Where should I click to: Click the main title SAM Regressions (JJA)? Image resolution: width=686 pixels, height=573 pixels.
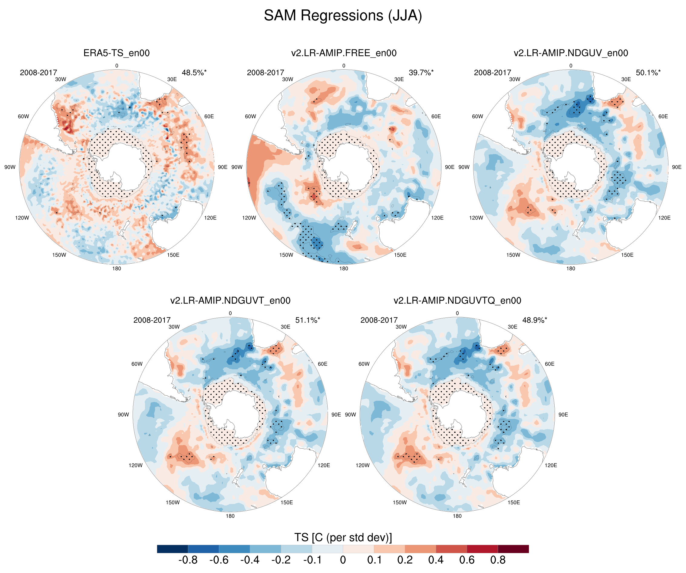point(343,15)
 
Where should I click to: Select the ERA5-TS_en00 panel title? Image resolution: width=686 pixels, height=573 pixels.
point(117,53)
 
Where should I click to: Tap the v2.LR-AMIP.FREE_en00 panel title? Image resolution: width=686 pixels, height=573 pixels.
point(344,53)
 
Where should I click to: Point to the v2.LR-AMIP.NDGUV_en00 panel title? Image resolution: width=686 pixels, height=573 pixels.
point(571,53)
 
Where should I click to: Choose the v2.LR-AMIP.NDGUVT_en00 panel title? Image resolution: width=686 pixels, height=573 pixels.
point(230,301)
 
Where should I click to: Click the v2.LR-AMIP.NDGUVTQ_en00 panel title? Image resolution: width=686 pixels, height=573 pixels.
point(457,301)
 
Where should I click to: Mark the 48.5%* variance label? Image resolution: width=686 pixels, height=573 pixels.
point(194,73)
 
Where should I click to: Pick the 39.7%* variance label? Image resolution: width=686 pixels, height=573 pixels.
point(421,73)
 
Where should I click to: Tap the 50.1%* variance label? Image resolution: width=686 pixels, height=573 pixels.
point(648,73)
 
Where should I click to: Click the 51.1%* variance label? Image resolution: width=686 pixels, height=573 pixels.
point(307,320)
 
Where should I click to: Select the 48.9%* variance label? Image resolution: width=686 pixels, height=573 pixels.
point(534,320)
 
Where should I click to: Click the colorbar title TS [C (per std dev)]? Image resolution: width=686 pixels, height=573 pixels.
point(343,537)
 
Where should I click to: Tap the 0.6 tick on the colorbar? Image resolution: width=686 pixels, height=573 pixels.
point(467,560)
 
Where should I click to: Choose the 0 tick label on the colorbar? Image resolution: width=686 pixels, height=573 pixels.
point(343,560)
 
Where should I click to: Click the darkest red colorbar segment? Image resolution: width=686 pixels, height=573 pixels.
point(513,549)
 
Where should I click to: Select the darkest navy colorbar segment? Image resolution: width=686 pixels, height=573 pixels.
point(173,549)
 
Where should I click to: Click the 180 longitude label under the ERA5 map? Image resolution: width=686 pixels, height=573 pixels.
point(117,268)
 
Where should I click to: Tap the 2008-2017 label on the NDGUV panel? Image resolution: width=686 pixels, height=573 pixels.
point(492,73)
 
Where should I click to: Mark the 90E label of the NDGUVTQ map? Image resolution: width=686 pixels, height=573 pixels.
point(563,415)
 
